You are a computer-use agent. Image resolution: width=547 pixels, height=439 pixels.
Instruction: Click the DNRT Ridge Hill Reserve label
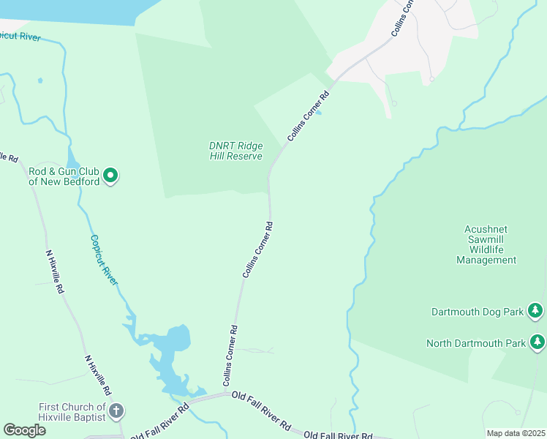click(x=235, y=151)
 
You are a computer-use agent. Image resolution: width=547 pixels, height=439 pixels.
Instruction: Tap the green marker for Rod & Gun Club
click(x=110, y=176)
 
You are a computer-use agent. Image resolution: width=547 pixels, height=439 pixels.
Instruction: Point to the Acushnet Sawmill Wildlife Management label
click(x=486, y=244)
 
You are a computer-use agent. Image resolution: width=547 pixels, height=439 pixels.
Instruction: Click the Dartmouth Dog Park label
click(x=478, y=312)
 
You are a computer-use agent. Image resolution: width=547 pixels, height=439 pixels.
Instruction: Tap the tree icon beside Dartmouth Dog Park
click(x=536, y=312)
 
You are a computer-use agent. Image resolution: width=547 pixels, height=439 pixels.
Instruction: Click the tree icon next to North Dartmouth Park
click(x=537, y=342)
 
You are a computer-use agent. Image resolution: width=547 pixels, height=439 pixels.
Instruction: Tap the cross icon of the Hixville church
click(x=116, y=413)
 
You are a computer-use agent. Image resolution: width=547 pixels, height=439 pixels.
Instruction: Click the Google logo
click(x=24, y=430)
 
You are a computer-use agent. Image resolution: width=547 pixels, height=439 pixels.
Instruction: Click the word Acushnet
click(x=486, y=229)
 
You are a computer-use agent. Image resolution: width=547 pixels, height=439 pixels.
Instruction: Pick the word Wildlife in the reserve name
click(x=486, y=249)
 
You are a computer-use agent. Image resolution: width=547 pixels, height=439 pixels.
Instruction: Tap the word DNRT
click(x=222, y=146)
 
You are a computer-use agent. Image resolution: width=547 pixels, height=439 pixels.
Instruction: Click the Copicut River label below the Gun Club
click(x=104, y=260)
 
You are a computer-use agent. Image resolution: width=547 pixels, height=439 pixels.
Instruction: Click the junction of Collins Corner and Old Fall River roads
click(x=224, y=394)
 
